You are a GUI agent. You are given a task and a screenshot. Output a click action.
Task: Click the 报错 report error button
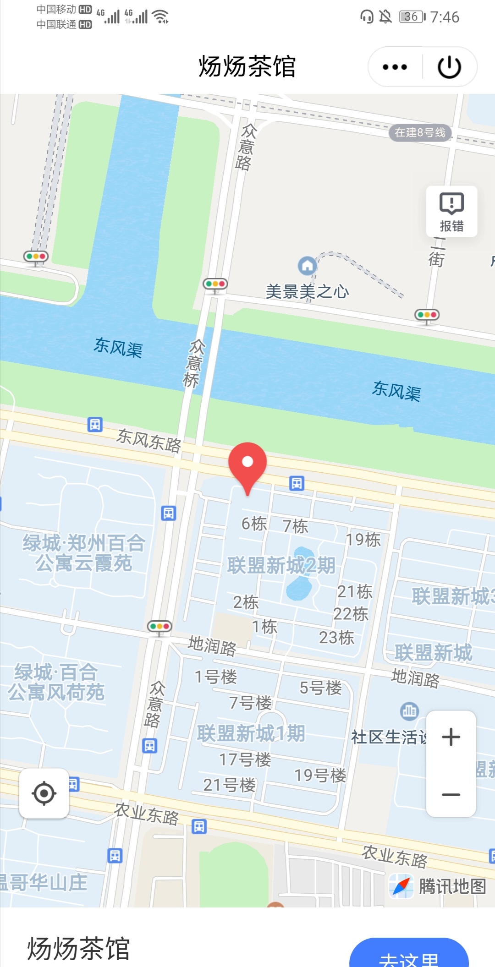pos(451,211)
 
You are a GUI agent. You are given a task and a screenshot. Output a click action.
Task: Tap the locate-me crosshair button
pos(44,793)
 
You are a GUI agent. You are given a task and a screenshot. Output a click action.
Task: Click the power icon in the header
pos(449,67)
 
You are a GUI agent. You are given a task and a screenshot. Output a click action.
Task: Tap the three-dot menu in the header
pos(395,67)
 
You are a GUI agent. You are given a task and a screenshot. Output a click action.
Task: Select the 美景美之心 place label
pos(307,291)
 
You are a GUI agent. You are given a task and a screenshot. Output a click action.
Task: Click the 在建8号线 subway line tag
pos(420,133)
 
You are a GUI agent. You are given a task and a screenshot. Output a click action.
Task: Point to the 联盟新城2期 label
pos(281,566)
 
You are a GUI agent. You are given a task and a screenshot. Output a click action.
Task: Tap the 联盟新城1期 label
pos(251,733)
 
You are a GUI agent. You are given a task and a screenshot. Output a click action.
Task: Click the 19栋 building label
pos(363,540)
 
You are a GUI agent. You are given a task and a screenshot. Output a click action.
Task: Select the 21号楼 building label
pos(229,785)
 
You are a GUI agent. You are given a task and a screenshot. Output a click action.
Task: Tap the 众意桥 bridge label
pos(193,363)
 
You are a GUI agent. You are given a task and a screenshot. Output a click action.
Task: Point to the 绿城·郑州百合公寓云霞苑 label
pos(84,553)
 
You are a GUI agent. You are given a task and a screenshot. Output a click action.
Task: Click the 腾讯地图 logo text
pos(452,886)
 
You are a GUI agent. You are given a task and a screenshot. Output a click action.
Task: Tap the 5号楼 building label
pos(320,688)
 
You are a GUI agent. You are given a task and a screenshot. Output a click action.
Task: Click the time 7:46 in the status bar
pos(444,17)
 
